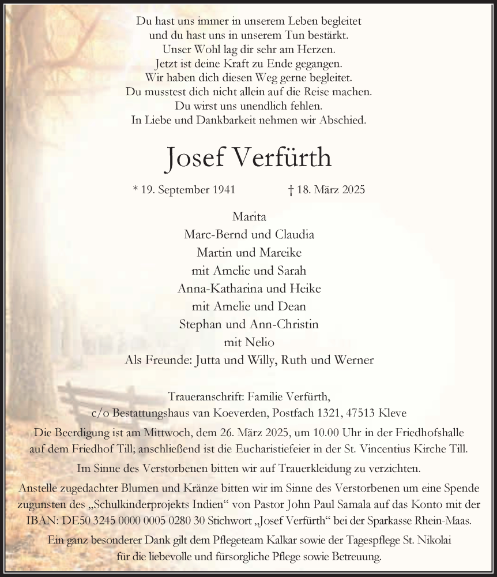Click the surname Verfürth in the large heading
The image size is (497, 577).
283,156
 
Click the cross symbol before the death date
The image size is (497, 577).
291,189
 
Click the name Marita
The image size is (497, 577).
248,217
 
